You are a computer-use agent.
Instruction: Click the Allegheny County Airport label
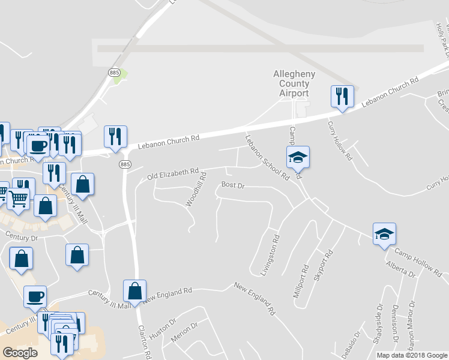291,83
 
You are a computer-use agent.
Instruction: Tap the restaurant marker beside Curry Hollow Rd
342,97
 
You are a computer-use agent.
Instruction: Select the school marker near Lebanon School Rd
298,158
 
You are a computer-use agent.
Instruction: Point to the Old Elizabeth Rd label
173,175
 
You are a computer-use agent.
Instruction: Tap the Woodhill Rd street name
196,190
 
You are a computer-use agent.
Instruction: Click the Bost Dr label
233,186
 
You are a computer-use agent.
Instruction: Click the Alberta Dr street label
401,268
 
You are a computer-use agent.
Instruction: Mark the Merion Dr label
184,334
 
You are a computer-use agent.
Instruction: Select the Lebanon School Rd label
267,157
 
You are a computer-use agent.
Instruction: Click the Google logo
20,352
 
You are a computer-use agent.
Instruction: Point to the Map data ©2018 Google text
412,355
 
